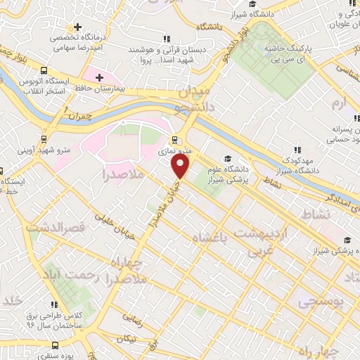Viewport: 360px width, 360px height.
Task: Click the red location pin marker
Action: (181, 166)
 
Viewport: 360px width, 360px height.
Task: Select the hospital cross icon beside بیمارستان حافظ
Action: (98, 77)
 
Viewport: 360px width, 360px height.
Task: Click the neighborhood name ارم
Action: (339, 105)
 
